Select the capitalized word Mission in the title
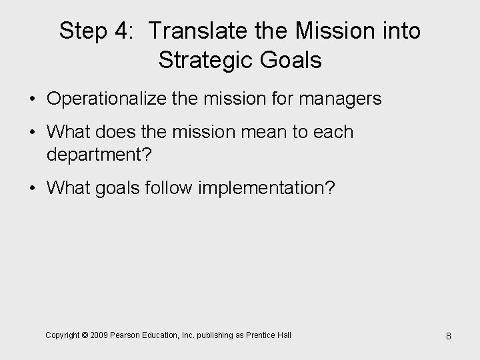click(335, 31)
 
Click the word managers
click(341, 99)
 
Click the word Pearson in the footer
click(123, 335)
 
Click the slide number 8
click(448, 335)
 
